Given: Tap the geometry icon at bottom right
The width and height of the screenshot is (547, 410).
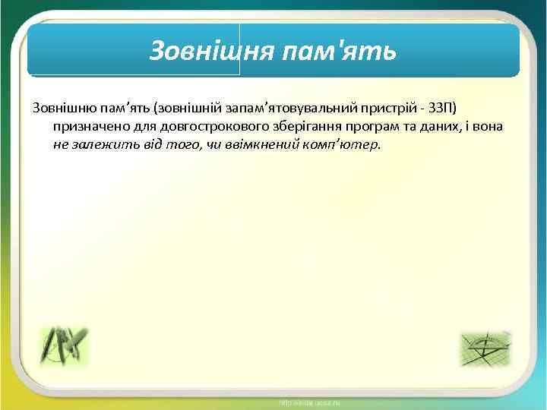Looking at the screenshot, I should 485,348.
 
